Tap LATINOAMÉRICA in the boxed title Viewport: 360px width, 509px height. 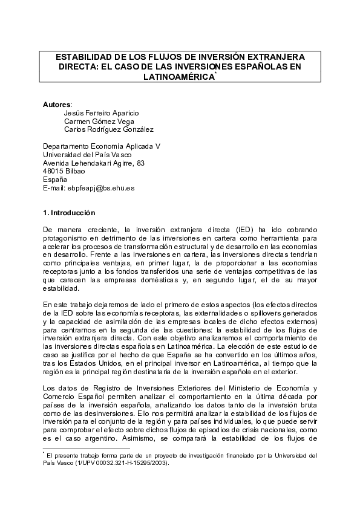tap(178, 77)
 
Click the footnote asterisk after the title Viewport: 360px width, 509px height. tap(215, 73)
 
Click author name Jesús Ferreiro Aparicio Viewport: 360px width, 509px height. tap(100, 112)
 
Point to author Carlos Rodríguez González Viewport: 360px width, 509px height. tap(108, 129)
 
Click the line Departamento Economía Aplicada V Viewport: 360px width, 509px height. tap(101, 146)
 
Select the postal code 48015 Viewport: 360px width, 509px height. tap(53, 171)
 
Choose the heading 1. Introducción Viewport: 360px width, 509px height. tap(69, 213)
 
